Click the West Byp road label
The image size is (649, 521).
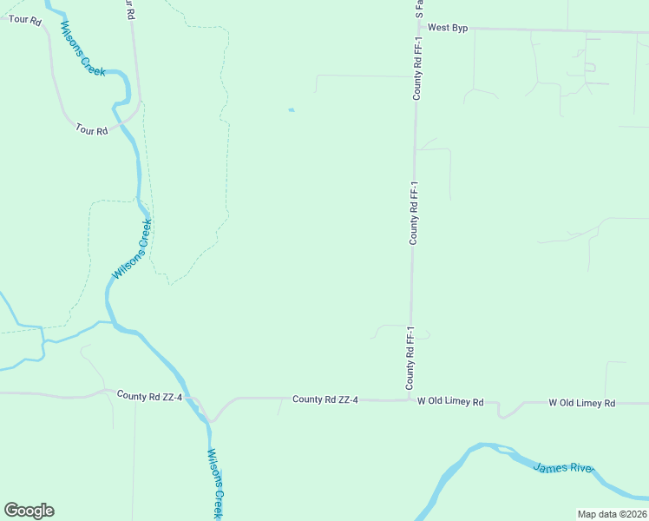448,29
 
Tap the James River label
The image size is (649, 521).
563,468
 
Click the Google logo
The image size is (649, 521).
29,511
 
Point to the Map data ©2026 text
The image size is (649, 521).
612,514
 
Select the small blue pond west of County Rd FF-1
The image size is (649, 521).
292,110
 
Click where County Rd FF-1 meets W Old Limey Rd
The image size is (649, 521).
410,400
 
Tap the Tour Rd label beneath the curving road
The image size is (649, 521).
91,130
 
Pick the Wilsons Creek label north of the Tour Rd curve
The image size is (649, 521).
82,49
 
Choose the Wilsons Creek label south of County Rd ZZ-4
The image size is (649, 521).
216,483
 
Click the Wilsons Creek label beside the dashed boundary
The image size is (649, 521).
132,249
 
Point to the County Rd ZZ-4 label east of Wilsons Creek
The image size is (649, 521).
325,399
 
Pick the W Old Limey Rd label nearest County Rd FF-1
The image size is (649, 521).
449,402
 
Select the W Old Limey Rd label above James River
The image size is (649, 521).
581,403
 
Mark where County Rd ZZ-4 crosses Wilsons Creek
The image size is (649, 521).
205,411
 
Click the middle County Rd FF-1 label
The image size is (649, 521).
415,213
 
